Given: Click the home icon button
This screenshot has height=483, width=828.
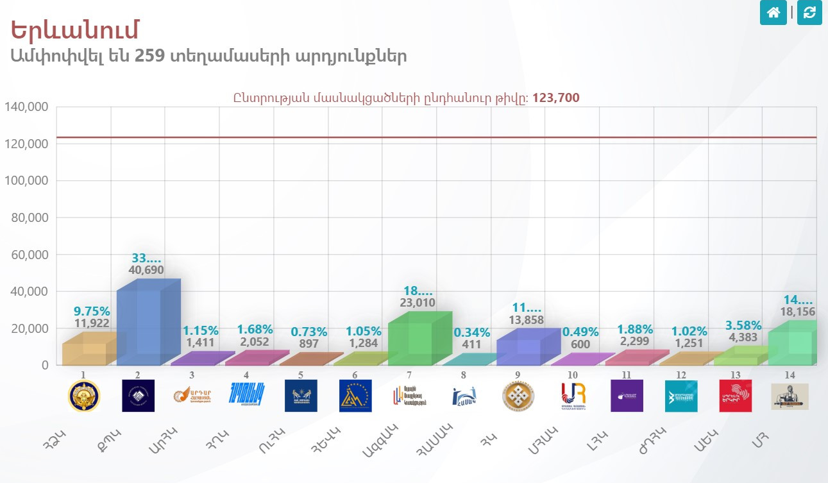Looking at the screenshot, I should [x=773, y=12].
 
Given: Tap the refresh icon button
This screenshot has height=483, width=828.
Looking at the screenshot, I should [x=809, y=12].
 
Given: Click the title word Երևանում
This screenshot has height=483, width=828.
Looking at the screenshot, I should [x=75, y=30].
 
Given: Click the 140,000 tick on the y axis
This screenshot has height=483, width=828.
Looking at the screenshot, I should [x=27, y=107].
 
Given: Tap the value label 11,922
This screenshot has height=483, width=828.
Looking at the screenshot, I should [x=92, y=323].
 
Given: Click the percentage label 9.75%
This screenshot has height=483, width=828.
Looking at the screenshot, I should [x=92, y=312].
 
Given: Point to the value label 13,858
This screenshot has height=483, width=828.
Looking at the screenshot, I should [x=525, y=321].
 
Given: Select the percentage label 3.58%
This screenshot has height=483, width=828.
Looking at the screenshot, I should [x=743, y=325].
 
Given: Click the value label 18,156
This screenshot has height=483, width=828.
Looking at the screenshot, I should [x=797, y=312].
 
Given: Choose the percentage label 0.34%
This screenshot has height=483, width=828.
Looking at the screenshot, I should [x=471, y=332].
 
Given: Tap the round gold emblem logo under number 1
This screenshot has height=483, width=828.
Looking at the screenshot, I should [x=84, y=396].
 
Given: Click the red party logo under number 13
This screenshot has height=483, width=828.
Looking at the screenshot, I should [x=735, y=396].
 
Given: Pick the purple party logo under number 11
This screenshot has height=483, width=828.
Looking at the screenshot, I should [x=627, y=396].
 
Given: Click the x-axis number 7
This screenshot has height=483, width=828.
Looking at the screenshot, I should [x=409, y=375].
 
